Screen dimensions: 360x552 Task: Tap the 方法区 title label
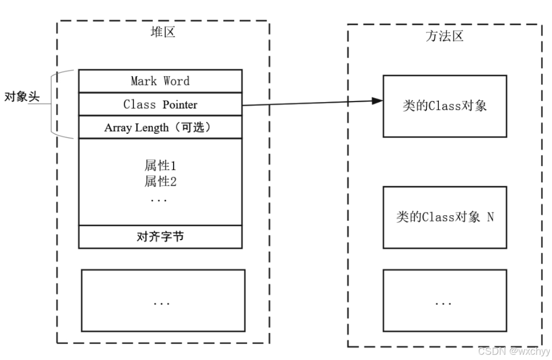tap(444, 36)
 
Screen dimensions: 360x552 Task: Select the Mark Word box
tap(160, 81)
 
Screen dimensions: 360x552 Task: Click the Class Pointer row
tap(160, 104)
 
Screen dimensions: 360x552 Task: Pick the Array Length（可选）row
tap(160, 127)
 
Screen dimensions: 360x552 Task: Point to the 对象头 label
tap(22, 97)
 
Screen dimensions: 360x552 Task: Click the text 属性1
tap(160, 166)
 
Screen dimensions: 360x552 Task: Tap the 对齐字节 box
tap(160, 237)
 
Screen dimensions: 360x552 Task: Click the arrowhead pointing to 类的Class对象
tap(376, 101)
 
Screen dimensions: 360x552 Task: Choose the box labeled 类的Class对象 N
tap(445, 217)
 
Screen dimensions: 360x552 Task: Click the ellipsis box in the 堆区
tap(163, 300)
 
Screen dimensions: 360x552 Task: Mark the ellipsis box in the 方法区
tap(445, 301)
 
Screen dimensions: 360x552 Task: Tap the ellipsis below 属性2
tap(159, 201)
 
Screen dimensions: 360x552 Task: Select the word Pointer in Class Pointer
tap(180, 104)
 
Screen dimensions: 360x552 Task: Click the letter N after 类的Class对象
tap(489, 217)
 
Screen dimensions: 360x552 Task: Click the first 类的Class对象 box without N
tap(445, 106)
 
